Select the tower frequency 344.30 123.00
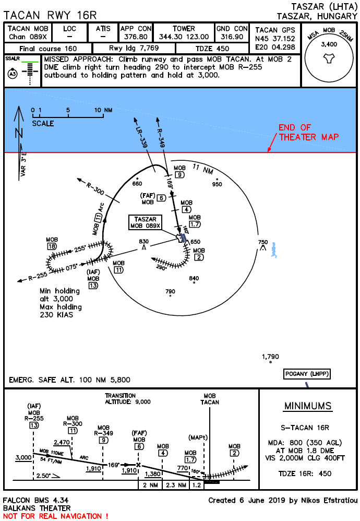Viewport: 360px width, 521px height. coord(184,37)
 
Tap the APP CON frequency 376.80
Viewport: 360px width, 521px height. coord(136,37)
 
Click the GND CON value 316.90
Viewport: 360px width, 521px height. coord(232,37)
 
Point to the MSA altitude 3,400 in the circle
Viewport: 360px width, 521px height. coord(329,44)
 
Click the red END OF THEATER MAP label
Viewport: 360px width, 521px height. coord(308,133)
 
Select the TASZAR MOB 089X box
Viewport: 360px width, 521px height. coord(146,222)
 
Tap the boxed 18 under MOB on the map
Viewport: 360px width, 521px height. coord(52,246)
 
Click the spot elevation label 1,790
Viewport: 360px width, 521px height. coord(271,357)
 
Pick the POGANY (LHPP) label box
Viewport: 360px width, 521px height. coord(307,374)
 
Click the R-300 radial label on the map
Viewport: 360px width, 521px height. coord(95,189)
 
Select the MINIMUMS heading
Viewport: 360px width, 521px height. coord(307,406)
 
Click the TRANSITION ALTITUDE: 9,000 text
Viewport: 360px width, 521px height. coord(128,399)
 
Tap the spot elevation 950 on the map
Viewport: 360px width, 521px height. coord(217,184)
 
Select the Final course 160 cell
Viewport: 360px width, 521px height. coord(47,48)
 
